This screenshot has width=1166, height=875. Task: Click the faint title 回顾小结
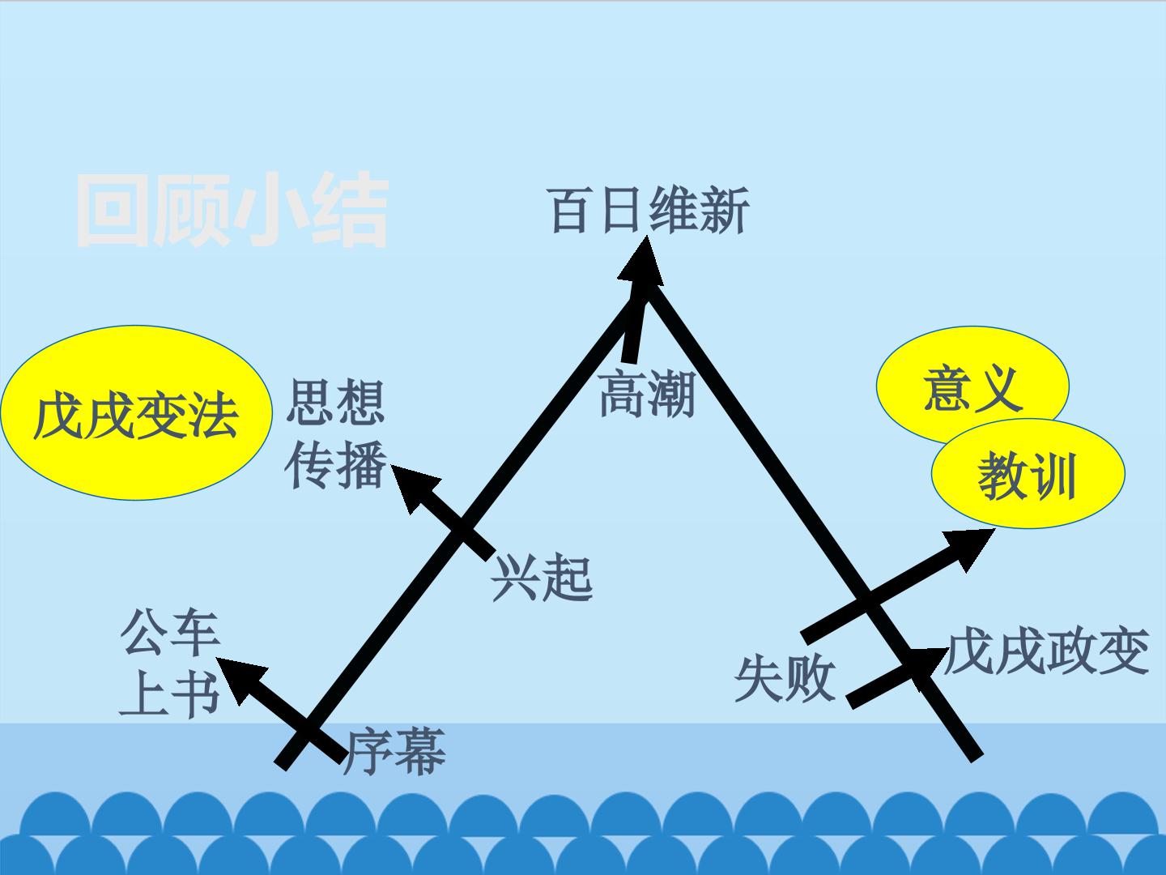point(232,209)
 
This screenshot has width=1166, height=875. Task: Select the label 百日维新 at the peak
point(650,211)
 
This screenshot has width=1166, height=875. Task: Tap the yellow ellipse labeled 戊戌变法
point(137,413)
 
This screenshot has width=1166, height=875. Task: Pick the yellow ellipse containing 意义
point(972,385)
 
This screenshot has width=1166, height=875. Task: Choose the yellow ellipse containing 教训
point(1028,474)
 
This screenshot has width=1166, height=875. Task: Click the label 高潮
point(647,394)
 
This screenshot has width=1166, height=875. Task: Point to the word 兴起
point(542,578)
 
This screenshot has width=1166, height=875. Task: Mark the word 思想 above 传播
point(336,402)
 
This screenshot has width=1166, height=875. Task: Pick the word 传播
point(336,465)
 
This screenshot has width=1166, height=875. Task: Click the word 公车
point(170,633)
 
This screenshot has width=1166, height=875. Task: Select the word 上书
point(170,694)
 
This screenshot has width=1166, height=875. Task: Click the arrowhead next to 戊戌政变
point(926,667)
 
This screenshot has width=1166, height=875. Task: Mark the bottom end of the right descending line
point(977,758)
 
